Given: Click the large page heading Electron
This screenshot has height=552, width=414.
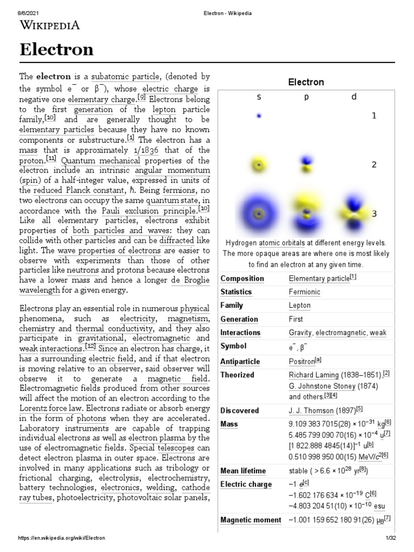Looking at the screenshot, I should tap(57, 50).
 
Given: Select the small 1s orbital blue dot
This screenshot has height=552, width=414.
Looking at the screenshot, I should tap(259, 116).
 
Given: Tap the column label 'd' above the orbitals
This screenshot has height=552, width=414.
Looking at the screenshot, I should tap(354, 97).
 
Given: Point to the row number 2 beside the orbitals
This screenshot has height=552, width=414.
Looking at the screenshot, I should tap(374, 165).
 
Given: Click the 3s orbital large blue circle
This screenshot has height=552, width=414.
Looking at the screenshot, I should tap(259, 214).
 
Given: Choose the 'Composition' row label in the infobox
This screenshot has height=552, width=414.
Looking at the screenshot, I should tap(242, 279).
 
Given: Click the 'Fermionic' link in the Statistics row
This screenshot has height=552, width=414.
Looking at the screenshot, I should tap(305, 292).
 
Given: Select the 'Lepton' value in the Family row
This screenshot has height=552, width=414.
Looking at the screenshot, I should tap(300, 306).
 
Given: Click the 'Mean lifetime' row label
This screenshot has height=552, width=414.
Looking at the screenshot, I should tap(244, 471).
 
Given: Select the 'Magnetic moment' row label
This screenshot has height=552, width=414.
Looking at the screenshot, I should tap(251, 520).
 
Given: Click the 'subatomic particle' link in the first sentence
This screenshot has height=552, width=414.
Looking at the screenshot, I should tap(125, 77).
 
